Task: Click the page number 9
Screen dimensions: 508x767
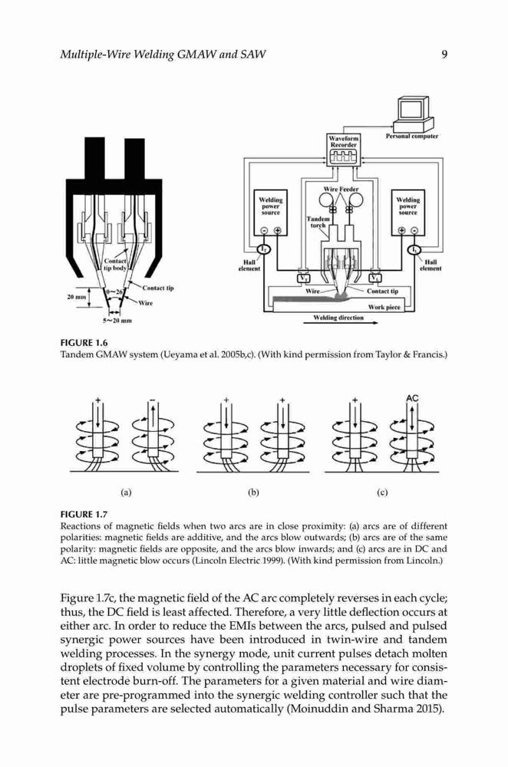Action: coord(444,54)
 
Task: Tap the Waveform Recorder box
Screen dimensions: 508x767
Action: coord(344,150)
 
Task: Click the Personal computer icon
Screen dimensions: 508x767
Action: coord(413,114)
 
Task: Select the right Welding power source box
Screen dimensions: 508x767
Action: coord(407,212)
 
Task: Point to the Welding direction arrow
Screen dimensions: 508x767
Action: coord(345,324)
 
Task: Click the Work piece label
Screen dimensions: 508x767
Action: coord(384,308)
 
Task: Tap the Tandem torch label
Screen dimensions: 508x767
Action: coord(318,222)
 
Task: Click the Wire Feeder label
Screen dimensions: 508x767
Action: coord(341,189)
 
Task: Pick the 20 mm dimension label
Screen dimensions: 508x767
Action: coord(76,297)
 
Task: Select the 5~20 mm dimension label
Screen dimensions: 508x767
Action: coord(117,321)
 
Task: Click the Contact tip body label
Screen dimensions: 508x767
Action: coord(115,265)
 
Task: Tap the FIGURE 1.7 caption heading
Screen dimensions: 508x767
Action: coord(84,514)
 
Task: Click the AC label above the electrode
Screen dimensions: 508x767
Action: coord(412,398)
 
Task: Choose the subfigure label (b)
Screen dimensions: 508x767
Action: coord(253,492)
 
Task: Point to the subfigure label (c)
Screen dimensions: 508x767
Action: coord(382,492)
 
